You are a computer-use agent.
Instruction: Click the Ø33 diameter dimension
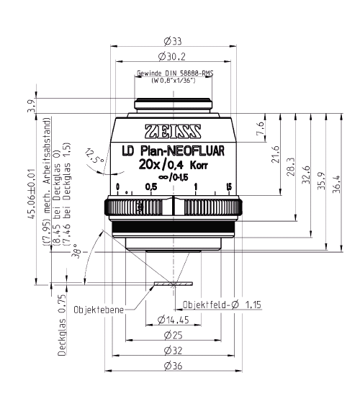173,41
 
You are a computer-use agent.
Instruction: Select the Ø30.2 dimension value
172,56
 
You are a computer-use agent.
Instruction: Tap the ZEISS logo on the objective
173,131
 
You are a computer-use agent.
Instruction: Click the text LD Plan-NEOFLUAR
173,150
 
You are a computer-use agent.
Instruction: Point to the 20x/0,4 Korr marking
173,165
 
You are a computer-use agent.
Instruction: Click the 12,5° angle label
94,156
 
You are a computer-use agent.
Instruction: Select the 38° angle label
76,251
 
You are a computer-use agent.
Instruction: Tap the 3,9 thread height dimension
32,106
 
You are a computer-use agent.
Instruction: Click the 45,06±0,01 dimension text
32,194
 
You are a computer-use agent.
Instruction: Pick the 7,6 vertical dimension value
260,128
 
